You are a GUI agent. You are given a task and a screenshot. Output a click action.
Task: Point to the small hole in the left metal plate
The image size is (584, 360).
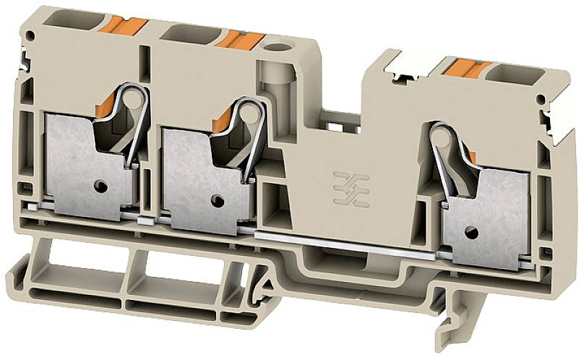(x=102, y=187)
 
